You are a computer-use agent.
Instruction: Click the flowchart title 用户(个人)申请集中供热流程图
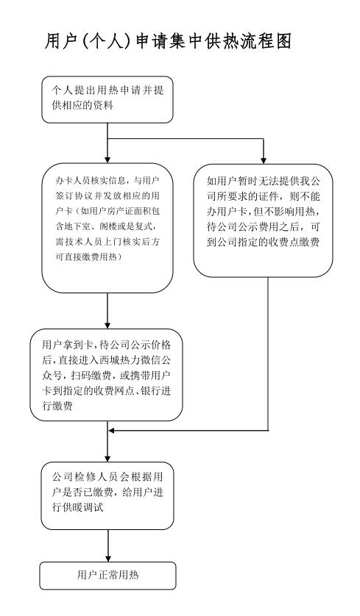pos(168,41)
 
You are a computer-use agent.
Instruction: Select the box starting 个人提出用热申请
pos(107,99)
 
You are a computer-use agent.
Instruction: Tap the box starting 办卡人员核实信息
pos(107,228)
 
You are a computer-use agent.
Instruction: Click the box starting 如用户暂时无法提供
pos(264,221)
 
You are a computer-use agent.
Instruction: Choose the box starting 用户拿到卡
pos(106,375)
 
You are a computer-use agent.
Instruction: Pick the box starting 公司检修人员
pos(107,495)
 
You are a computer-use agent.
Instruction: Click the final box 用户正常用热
pos(107,576)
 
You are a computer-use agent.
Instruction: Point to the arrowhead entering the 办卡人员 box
pos(107,160)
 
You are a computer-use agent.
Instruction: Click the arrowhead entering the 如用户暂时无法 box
pos(264,160)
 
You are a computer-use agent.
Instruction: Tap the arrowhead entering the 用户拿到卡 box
pos(107,326)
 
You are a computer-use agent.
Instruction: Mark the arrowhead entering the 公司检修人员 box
pos(107,459)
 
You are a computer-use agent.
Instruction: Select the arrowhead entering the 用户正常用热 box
pos(107,558)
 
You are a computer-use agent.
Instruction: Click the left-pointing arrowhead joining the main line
pos(112,431)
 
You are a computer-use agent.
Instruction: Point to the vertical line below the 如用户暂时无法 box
pos(268,354)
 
